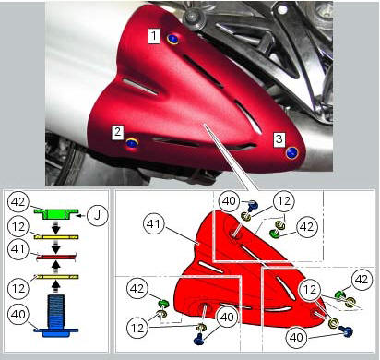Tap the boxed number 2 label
119,132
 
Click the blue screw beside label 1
173,39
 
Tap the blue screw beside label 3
292,151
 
